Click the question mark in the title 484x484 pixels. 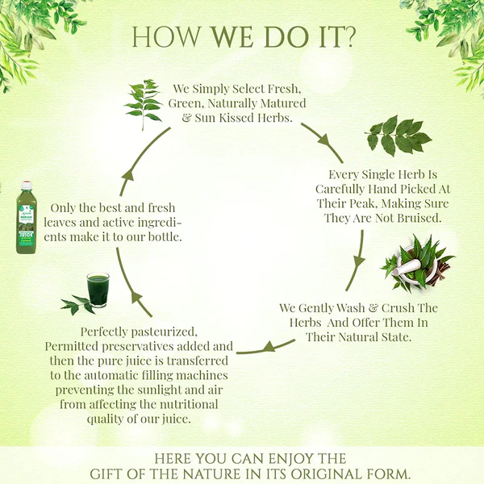click(347, 37)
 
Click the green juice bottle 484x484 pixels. click(27, 218)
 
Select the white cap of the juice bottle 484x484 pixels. click(27, 185)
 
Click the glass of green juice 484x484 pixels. click(98, 290)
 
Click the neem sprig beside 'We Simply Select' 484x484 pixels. click(144, 103)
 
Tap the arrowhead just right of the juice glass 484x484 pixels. click(137, 298)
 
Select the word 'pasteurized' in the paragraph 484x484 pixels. click(164, 332)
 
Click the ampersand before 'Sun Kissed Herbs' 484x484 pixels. click(186, 118)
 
